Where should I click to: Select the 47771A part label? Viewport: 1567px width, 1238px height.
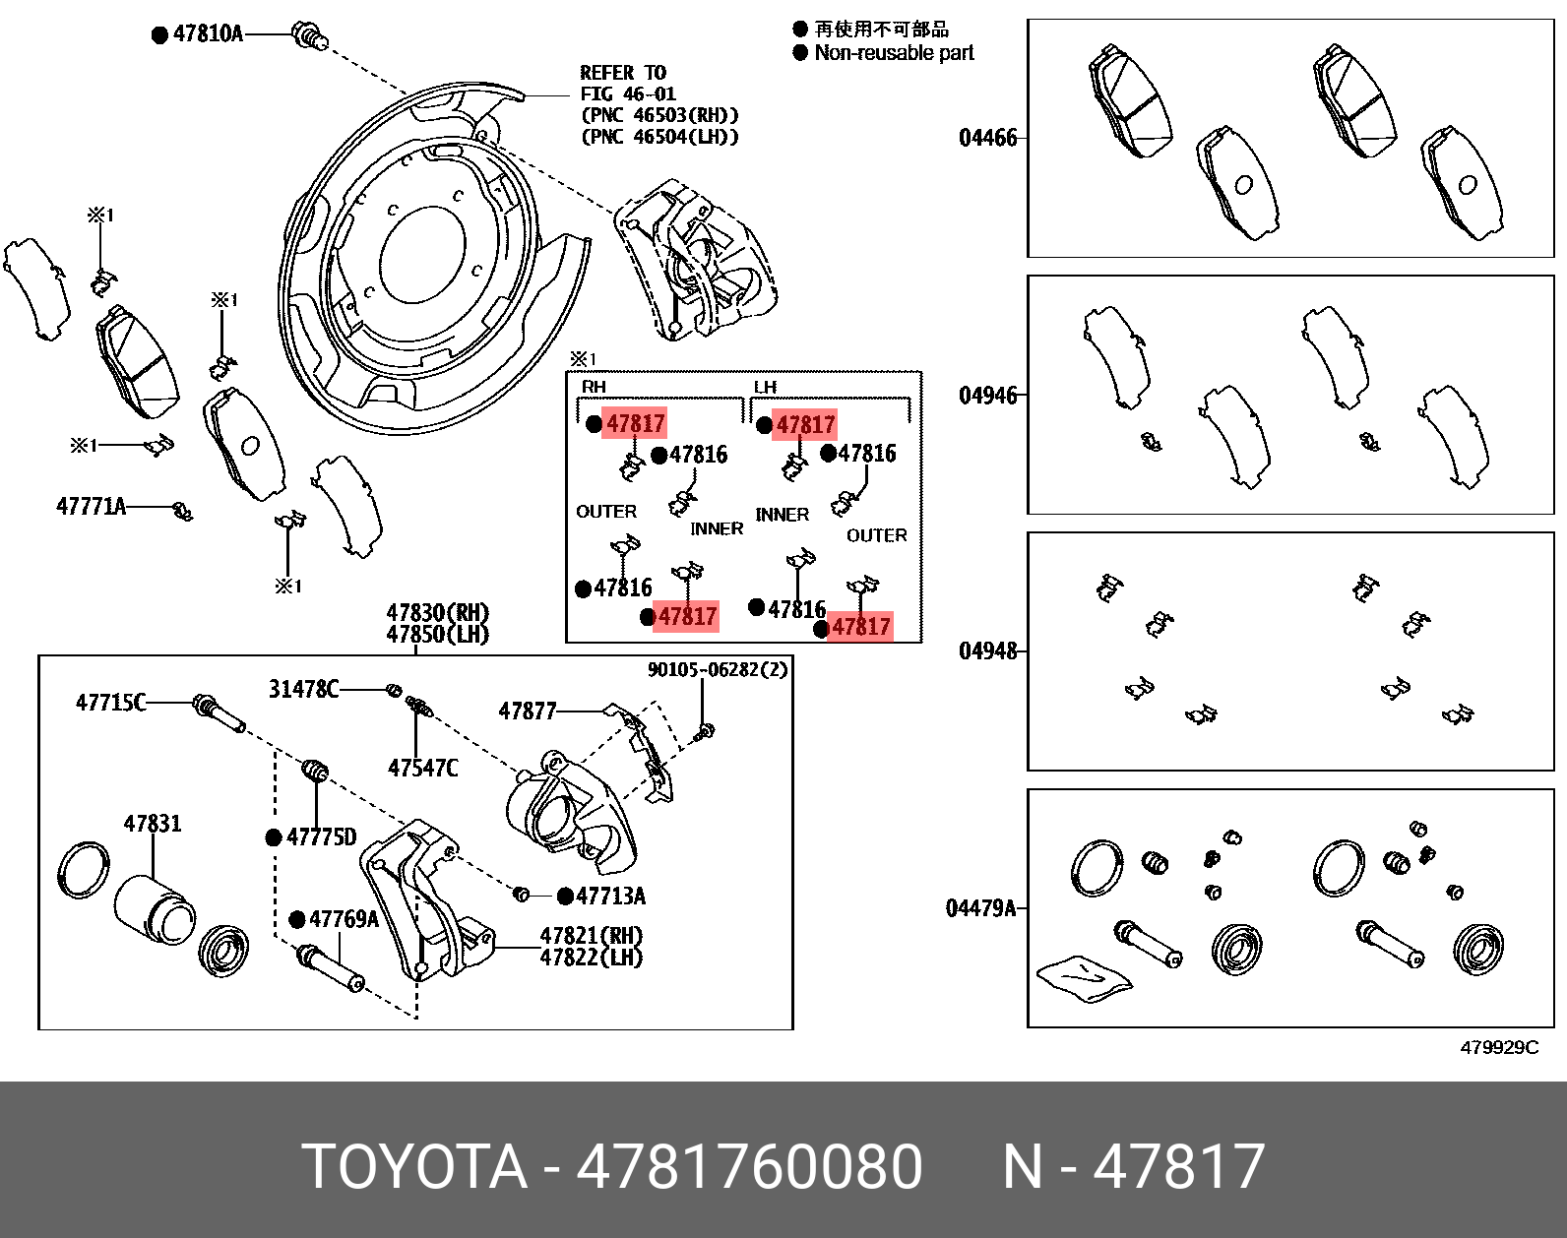[91, 506]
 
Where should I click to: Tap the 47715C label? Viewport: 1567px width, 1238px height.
[110, 702]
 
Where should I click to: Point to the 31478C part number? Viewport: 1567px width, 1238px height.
[303, 689]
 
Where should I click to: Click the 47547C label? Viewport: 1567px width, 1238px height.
[422, 768]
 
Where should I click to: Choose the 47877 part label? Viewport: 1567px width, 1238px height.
[528, 711]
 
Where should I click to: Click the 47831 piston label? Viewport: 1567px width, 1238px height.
[153, 824]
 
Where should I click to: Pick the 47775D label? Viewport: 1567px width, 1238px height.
[321, 837]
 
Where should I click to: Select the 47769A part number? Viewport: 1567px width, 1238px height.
[344, 919]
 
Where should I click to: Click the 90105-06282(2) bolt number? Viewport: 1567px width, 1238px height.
[718, 670]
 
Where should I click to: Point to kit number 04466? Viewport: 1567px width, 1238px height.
[987, 138]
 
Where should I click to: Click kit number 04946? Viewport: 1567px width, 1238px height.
[987, 396]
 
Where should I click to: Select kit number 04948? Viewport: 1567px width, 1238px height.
[987, 651]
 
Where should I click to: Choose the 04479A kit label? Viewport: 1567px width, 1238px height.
[980, 908]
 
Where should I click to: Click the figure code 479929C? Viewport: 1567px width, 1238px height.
[1498, 1048]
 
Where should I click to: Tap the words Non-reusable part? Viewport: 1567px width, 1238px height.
[894, 53]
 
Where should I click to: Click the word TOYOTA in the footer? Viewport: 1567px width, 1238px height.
[414, 1167]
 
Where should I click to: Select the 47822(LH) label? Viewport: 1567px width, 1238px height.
[591, 957]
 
